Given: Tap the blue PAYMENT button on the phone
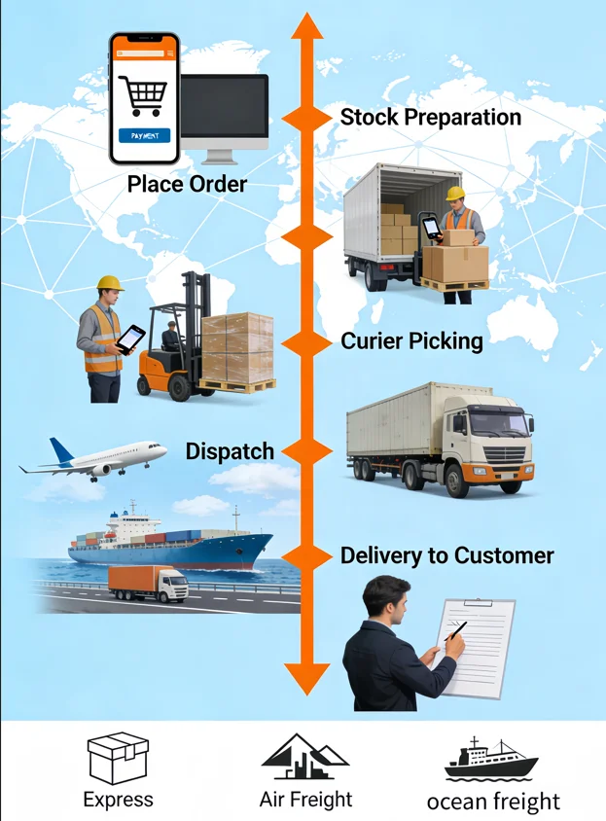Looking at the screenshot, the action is coord(145,135).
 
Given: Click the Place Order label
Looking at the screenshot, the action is coord(187,184).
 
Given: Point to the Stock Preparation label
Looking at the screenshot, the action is coord(431,117).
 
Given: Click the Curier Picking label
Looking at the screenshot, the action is coord(411,340).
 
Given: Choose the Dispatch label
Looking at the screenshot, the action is coord(230,451).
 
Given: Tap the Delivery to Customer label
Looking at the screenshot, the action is coord(446,555).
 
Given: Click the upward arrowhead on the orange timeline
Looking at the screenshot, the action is coord(307,26).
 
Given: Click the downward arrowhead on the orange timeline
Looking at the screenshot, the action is coord(307,679).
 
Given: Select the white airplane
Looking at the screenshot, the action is coord(93,459).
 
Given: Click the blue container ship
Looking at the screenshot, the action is coord(170,542).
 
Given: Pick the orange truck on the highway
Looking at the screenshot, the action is coord(148,584).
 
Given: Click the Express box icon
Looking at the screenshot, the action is coord(118,758).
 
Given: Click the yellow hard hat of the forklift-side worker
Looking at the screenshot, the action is coord(110,283).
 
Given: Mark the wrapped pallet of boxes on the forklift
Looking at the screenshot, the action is coord(237,347).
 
